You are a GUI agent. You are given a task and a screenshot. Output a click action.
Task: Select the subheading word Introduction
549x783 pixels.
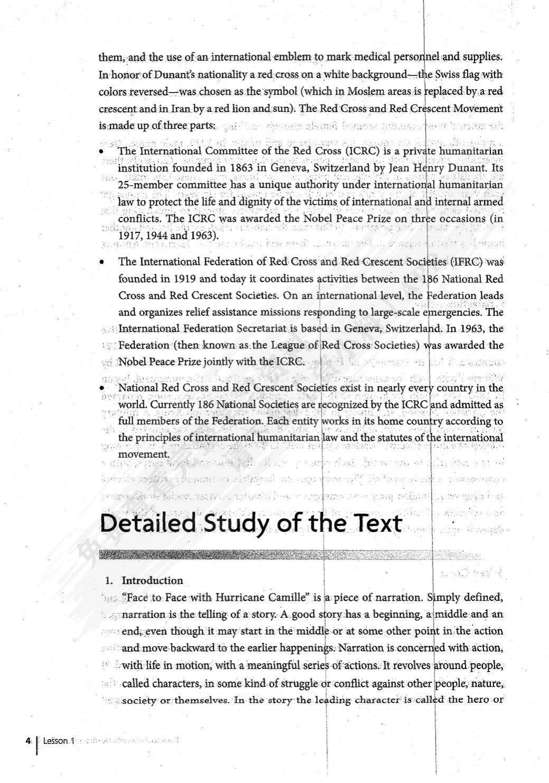[152, 581]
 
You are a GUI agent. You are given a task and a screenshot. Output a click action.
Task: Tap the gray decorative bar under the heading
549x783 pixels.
[290, 554]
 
